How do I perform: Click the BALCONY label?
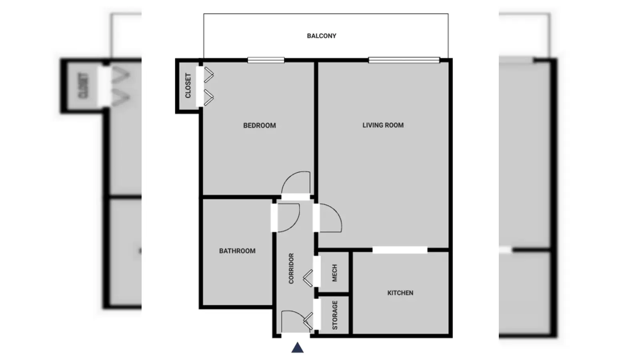click(322, 36)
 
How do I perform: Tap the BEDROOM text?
click(260, 126)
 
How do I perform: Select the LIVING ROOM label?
click(383, 125)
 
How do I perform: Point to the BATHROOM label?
click(237, 251)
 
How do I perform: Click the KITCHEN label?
click(400, 293)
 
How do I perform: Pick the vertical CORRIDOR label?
click(291, 268)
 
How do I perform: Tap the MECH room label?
click(334, 273)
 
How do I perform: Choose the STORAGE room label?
click(335, 315)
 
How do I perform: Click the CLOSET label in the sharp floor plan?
click(188, 86)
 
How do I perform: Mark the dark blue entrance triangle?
click(298, 348)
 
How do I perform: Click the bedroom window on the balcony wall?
click(266, 60)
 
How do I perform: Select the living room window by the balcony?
click(404, 60)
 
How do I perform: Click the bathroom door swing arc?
click(296, 222)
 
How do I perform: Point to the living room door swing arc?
click(337, 213)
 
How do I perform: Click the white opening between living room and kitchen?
click(400, 250)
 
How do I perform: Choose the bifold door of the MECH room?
click(308, 278)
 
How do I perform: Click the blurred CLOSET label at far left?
click(84, 86)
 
